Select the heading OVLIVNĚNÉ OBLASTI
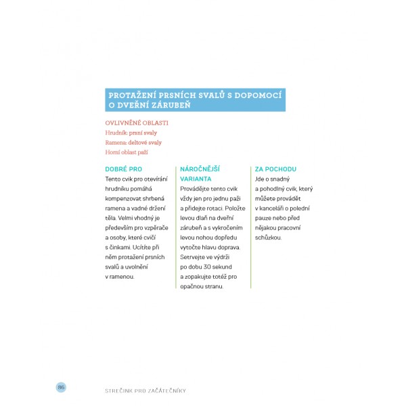pos(136,123)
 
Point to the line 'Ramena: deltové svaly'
pos(133,143)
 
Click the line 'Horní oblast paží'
pos(127,152)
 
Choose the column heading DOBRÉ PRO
pos(124,168)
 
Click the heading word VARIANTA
pos(196,179)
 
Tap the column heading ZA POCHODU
pos(276,168)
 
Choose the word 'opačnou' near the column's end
pos(192,286)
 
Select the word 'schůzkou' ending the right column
pos(268,238)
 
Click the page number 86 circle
pos(60,386)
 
